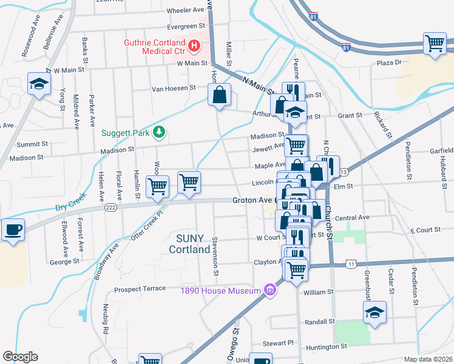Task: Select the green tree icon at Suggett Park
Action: point(159,131)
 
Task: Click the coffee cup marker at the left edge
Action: point(13,230)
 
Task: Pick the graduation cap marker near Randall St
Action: point(374,312)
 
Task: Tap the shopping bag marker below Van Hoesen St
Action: point(219,95)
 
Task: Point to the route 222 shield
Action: point(110,207)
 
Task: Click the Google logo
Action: point(20,357)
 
